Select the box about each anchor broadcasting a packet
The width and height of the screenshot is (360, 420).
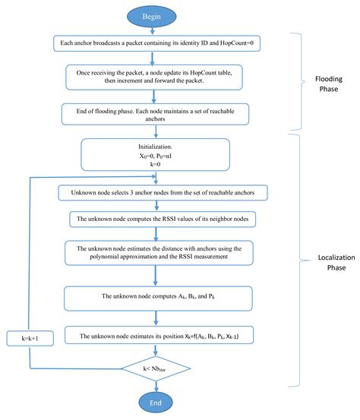point(155,45)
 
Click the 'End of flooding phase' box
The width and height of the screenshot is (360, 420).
point(155,113)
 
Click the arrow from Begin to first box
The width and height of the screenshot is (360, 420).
point(154,31)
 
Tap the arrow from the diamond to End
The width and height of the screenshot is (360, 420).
point(155,387)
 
